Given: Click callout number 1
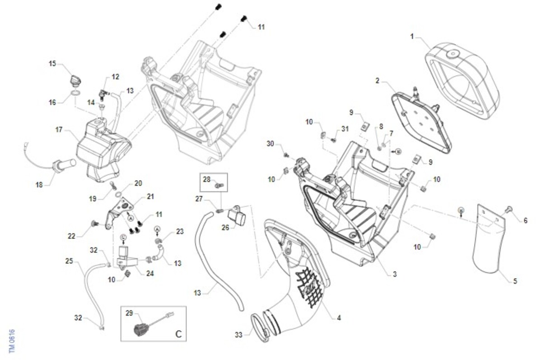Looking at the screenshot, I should pyautogui.click(x=412, y=36).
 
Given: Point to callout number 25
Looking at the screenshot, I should pyautogui.click(x=69, y=261).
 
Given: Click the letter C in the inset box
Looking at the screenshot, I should pyautogui.click(x=178, y=334).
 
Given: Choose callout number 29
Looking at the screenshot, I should pyautogui.click(x=129, y=313).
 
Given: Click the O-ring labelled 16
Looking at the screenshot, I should pyautogui.click(x=77, y=94).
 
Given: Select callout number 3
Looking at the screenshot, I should pyautogui.click(x=394, y=274).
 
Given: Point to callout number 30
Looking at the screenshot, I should pyautogui.click(x=271, y=144).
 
